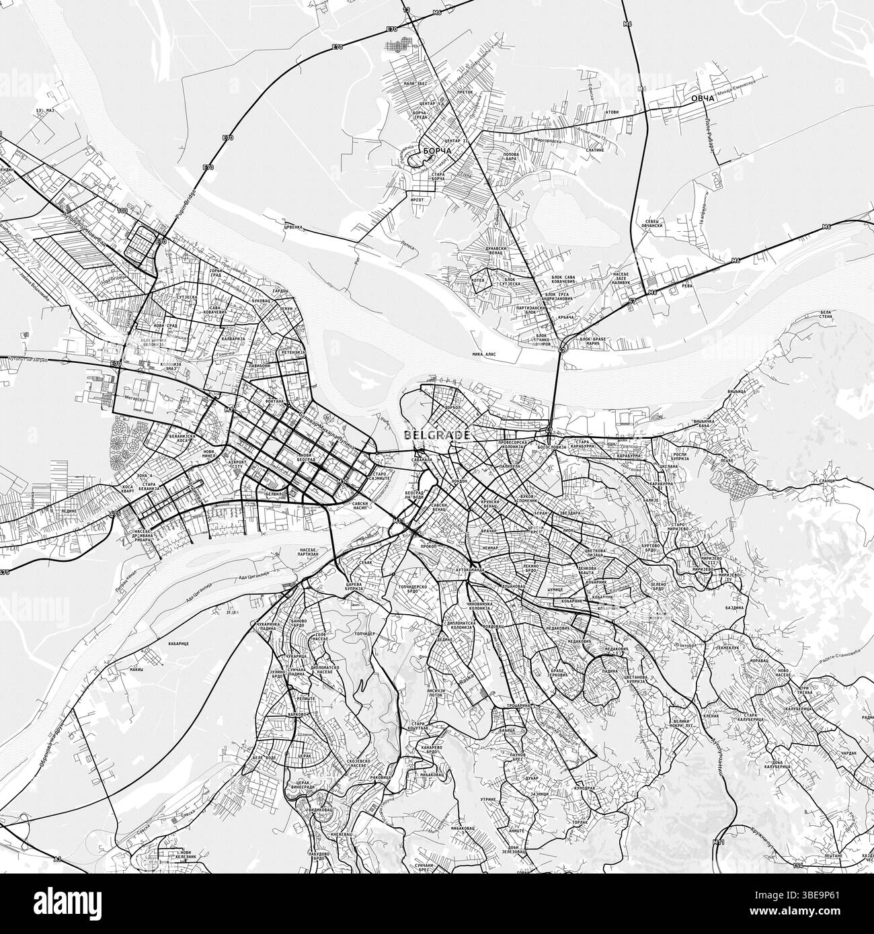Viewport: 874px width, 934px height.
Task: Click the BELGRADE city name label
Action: [437, 435]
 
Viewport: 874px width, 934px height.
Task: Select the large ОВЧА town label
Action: [702, 99]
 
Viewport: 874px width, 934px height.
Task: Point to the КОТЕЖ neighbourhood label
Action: [478, 280]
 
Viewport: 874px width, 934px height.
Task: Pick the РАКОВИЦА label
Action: [381, 777]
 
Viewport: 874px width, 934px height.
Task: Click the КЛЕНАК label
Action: [711, 716]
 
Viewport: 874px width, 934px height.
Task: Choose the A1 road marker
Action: [58, 859]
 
